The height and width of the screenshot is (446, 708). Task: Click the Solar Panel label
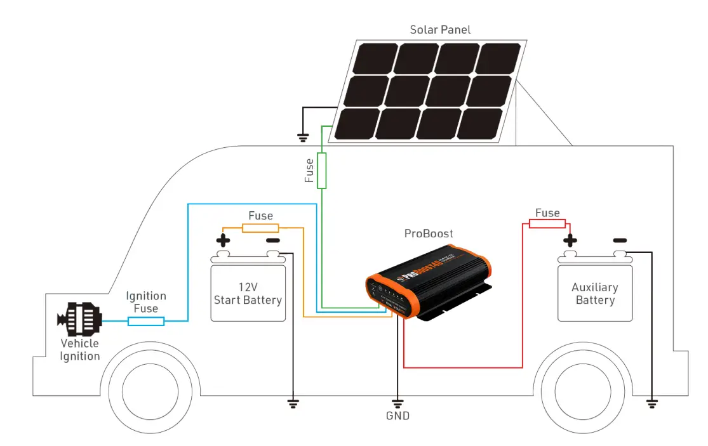click(440, 30)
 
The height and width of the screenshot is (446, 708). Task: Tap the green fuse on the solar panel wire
click(322, 170)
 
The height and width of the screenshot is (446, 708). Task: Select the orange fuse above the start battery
click(260, 228)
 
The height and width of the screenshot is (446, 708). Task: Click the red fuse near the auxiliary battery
click(547, 223)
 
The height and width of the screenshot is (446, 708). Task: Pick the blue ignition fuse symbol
click(146, 322)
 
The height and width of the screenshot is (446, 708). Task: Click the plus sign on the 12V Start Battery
click(223, 241)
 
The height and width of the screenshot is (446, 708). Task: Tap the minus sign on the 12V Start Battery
click(272, 241)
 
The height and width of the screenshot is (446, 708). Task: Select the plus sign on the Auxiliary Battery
click(570, 240)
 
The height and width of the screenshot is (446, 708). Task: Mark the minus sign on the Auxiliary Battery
click(620, 240)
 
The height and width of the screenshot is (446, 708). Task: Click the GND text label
click(397, 416)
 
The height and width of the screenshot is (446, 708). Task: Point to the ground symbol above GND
click(397, 402)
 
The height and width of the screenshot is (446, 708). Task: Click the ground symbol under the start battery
click(293, 402)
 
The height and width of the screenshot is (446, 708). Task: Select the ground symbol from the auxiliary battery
click(651, 402)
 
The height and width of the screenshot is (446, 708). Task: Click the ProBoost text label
click(429, 233)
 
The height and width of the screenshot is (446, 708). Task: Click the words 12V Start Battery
click(248, 294)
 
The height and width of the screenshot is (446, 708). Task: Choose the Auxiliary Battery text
click(595, 294)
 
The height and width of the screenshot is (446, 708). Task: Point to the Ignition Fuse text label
click(146, 302)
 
